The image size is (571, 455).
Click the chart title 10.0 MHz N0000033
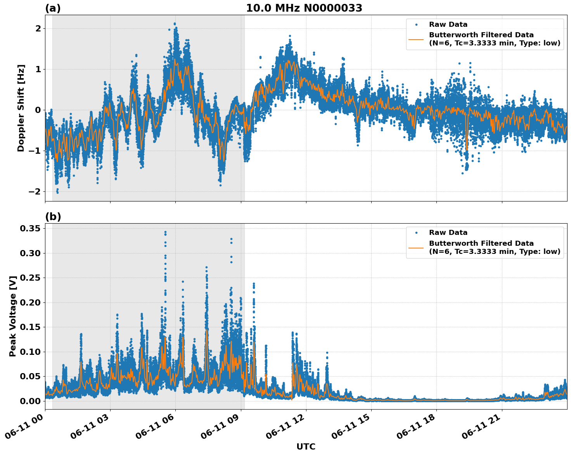point(304,8)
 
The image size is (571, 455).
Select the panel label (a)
point(53,8)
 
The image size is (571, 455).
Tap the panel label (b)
point(53,217)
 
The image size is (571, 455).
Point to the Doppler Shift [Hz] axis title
point(21,108)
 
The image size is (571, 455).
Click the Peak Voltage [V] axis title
point(13,316)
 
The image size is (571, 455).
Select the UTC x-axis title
point(306,446)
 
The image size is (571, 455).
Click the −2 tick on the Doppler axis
point(35,191)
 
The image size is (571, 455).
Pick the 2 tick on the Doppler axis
point(38,28)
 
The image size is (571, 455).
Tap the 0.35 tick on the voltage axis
point(30,228)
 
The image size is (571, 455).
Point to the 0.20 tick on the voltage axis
point(30,302)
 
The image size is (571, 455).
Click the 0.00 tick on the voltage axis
point(30,401)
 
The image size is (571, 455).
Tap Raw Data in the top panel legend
point(448,24)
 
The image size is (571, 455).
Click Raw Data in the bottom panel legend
point(448,233)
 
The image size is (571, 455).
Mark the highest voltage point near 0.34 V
point(165,232)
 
